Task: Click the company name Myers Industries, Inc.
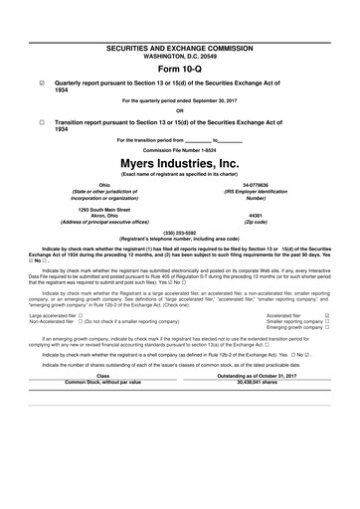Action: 179,164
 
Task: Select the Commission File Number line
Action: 179,149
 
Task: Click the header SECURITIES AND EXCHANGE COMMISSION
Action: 179,48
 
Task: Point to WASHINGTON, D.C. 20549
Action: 179,56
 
